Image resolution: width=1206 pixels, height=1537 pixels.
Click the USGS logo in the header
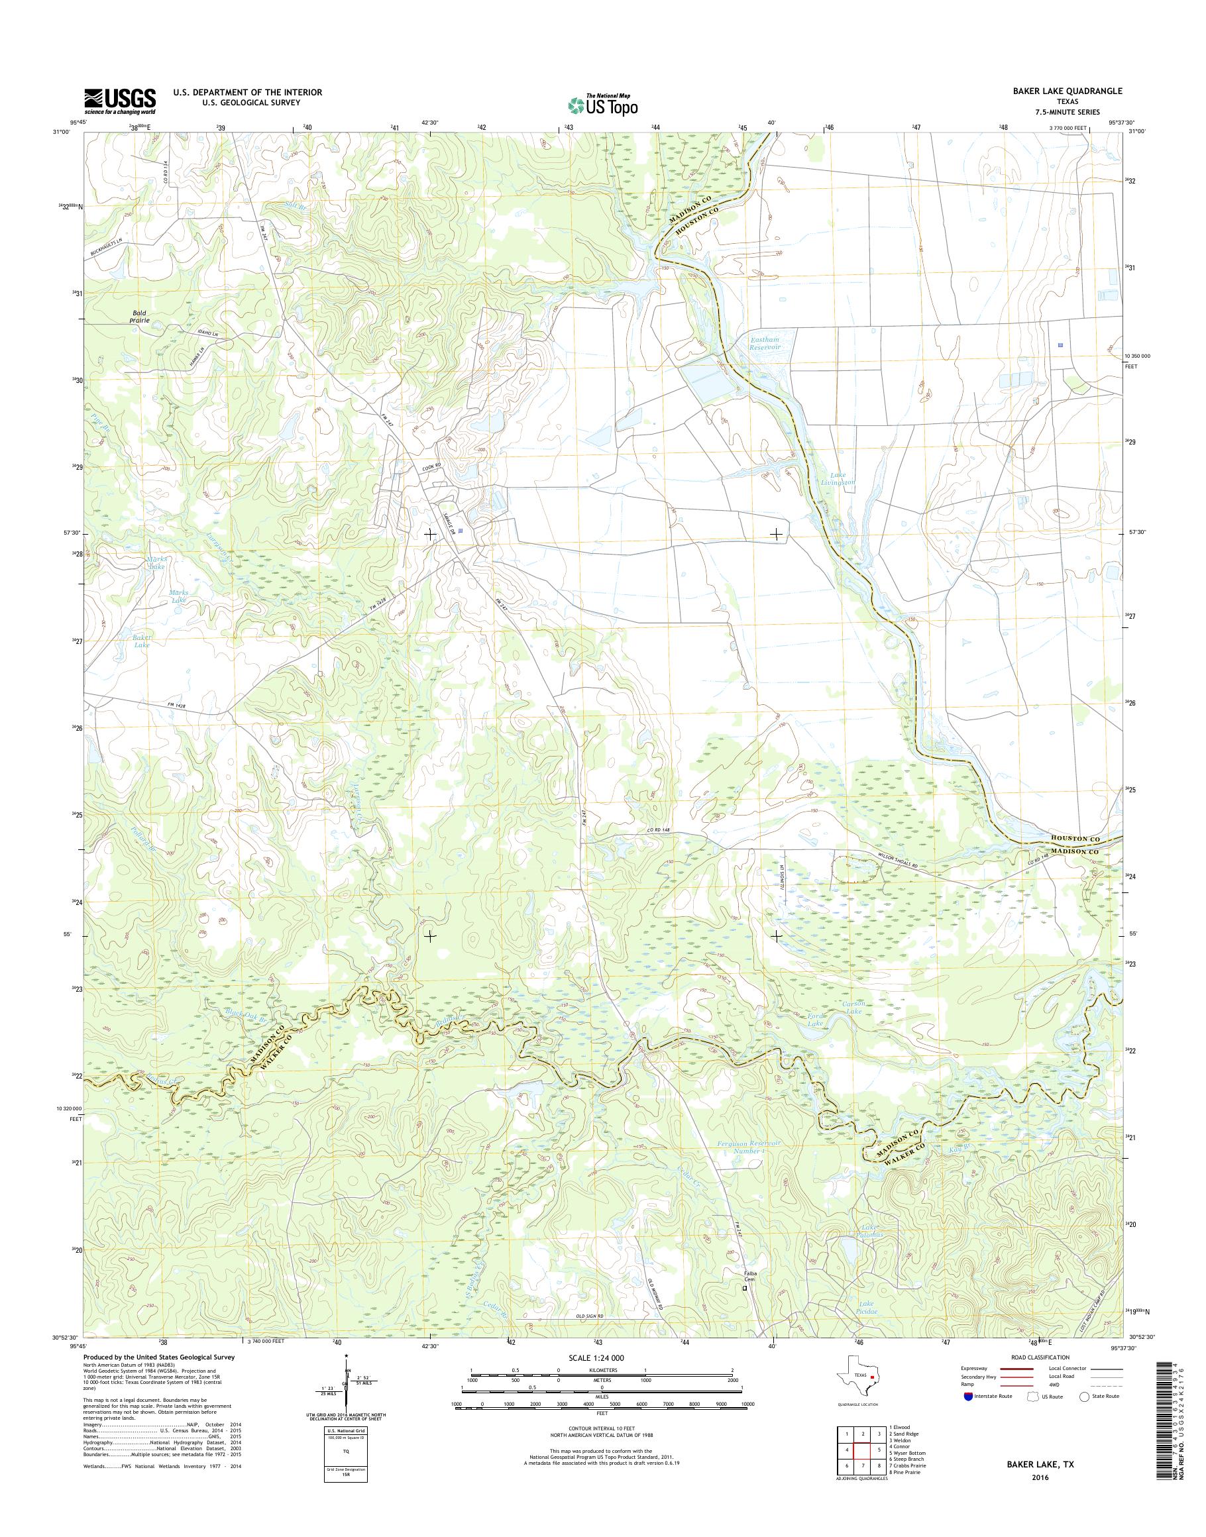click(120, 101)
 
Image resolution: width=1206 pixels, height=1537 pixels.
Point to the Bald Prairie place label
click(139, 316)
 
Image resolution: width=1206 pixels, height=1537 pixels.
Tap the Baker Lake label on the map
click(141, 641)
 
